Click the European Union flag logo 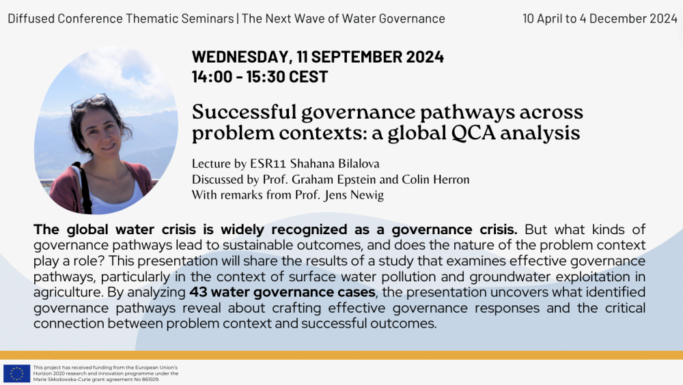coord(16,373)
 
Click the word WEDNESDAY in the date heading coord(240,57)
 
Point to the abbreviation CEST coord(308,77)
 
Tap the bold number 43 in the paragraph coord(198,292)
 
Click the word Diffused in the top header coord(31,18)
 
